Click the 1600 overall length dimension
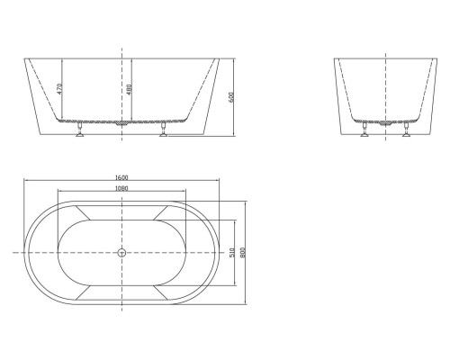click(x=121, y=178)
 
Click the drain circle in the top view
click(x=121, y=253)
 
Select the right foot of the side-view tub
click(x=163, y=133)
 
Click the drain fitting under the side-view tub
click(x=122, y=126)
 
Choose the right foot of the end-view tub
click(x=406, y=133)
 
